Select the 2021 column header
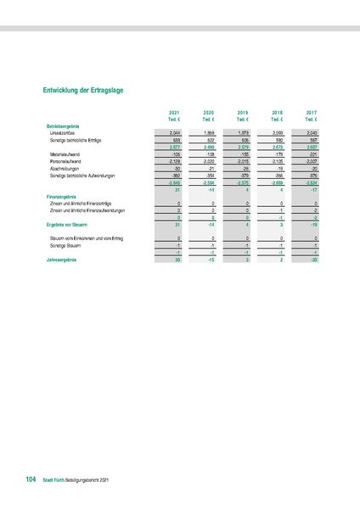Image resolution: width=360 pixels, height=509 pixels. pyautogui.click(x=174, y=113)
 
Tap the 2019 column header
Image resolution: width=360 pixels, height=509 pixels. pyautogui.click(x=242, y=113)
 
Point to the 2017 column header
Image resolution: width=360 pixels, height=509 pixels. pyautogui.click(x=311, y=113)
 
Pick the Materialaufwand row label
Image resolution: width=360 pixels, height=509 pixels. pyautogui.click(x=67, y=155)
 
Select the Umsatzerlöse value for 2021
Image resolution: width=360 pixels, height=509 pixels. pyautogui.click(x=174, y=133)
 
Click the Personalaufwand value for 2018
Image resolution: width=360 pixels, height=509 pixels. pyautogui.click(x=276, y=161)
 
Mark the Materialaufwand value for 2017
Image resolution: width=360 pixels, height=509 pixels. pyautogui.click(x=311, y=155)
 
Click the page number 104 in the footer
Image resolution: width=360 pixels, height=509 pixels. pyautogui.click(x=31, y=480)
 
